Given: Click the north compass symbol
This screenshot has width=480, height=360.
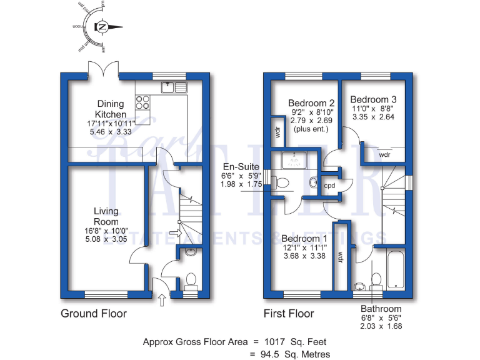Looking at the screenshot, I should point(101,27).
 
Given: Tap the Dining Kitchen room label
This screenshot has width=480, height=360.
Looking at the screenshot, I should point(110,109).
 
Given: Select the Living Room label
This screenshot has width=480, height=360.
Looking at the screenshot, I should point(106,216).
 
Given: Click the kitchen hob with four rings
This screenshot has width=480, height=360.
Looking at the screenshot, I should point(142,102).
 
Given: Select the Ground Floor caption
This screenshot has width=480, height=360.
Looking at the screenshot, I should point(93,313).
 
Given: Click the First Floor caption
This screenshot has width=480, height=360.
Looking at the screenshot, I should point(289,313).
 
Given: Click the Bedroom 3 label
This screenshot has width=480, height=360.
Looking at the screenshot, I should point(373,99).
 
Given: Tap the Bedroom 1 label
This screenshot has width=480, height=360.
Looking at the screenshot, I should point(304,239).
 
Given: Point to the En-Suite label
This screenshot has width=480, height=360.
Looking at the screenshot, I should point(237,167).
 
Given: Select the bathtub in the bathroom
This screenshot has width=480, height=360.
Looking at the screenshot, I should point(397,269).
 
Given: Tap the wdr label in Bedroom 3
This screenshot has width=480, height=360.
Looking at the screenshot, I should point(384,154).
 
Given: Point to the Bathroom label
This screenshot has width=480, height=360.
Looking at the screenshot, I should point(381,309).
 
